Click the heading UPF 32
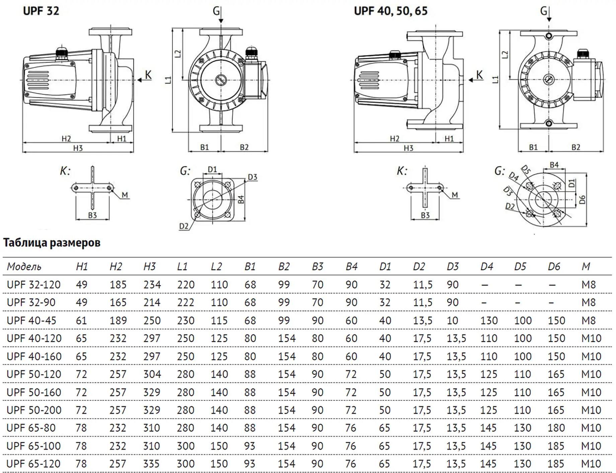coord(41,11)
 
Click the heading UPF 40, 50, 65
coord(390,11)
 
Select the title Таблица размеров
coord(52,243)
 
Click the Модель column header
coord(24,267)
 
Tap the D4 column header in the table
coord(487,267)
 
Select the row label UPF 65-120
coord(33,464)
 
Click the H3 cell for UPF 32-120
coord(152,285)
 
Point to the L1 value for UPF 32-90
coord(185,302)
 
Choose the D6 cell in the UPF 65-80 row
coord(556,428)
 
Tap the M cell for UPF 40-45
coord(589,320)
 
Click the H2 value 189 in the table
coord(118,320)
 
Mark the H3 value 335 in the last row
coord(152,464)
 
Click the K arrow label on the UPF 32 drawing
coord(148,75)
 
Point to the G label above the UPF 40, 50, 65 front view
coord(544,11)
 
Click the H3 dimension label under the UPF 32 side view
coord(78,148)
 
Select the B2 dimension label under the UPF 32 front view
coord(244,147)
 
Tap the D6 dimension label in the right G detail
coord(583,200)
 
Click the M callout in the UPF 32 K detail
coord(125,195)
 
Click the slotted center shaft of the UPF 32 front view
coord(221,80)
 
